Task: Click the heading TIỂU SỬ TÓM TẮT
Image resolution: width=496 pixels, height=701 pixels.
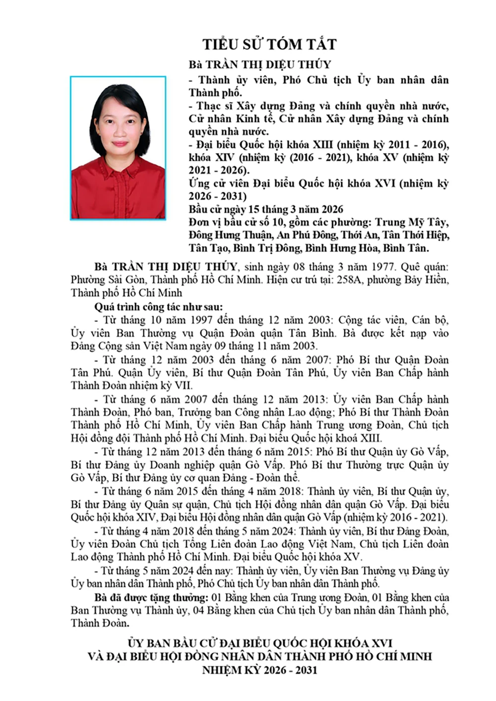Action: (x=269, y=45)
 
